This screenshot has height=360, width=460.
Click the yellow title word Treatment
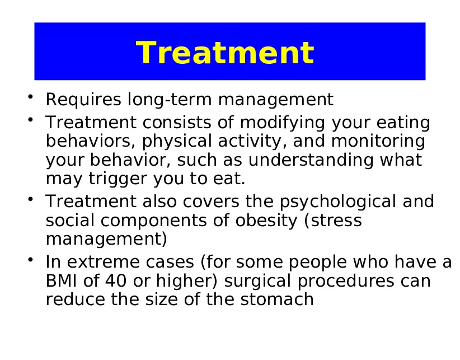(225, 53)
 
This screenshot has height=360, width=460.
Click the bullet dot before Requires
(34, 99)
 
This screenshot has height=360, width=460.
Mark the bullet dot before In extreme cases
(34, 261)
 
